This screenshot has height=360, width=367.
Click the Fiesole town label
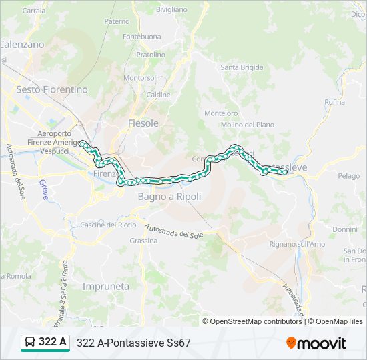143,123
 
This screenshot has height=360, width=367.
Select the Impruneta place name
105,286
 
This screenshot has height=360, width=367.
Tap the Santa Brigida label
242,67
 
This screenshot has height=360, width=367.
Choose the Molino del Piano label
247,125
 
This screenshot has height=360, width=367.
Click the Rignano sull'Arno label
297,245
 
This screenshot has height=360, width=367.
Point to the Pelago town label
348,176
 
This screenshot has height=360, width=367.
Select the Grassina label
143,241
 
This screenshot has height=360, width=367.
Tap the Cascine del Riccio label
108,225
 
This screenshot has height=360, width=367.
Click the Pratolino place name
151,55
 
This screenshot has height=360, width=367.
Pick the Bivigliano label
171,10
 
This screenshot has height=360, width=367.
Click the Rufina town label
334,102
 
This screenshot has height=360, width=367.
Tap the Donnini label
345,229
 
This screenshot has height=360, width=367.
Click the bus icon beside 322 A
30,343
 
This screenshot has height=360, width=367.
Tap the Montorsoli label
141,78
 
